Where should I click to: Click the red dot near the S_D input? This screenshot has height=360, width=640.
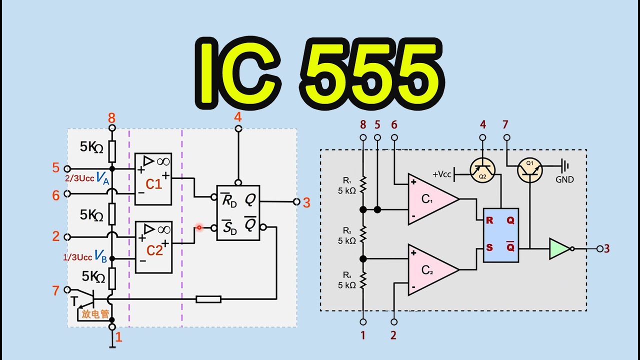pyautogui.click(x=199, y=227)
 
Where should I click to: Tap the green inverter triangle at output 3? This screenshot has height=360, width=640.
pyautogui.click(x=559, y=249)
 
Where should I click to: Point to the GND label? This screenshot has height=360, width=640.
pyautogui.click(x=564, y=179)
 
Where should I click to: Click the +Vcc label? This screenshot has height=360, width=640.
pyautogui.click(x=441, y=174)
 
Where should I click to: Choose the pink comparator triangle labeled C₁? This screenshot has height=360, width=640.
pyautogui.click(x=433, y=199)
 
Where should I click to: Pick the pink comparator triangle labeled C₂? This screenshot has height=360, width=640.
pyautogui.click(x=433, y=269)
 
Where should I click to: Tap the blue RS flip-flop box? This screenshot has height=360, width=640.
pyautogui.click(x=501, y=235)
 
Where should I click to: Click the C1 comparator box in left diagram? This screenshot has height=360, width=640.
pyautogui.click(x=153, y=179)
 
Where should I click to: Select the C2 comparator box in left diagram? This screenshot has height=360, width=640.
pyautogui.click(x=153, y=247)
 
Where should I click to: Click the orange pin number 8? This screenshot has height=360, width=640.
pyautogui.click(x=111, y=118)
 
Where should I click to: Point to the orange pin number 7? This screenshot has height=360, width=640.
pyautogui.click(x=55, y=290)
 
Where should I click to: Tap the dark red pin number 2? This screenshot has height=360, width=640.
pyautogui.click(x=393, y=335)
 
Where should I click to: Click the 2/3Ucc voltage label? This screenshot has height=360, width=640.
pyautogui.click(x=79, y=178)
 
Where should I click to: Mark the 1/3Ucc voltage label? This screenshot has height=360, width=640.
pyautogui.click(x=77, y=257)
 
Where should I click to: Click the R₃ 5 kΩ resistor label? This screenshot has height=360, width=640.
pyautogui.click(x=347, y=280)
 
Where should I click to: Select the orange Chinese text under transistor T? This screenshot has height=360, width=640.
pyautogui.click(x=95, y=314)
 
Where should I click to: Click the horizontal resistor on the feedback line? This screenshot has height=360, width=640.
pyautogui.click(x=208, y=299)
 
